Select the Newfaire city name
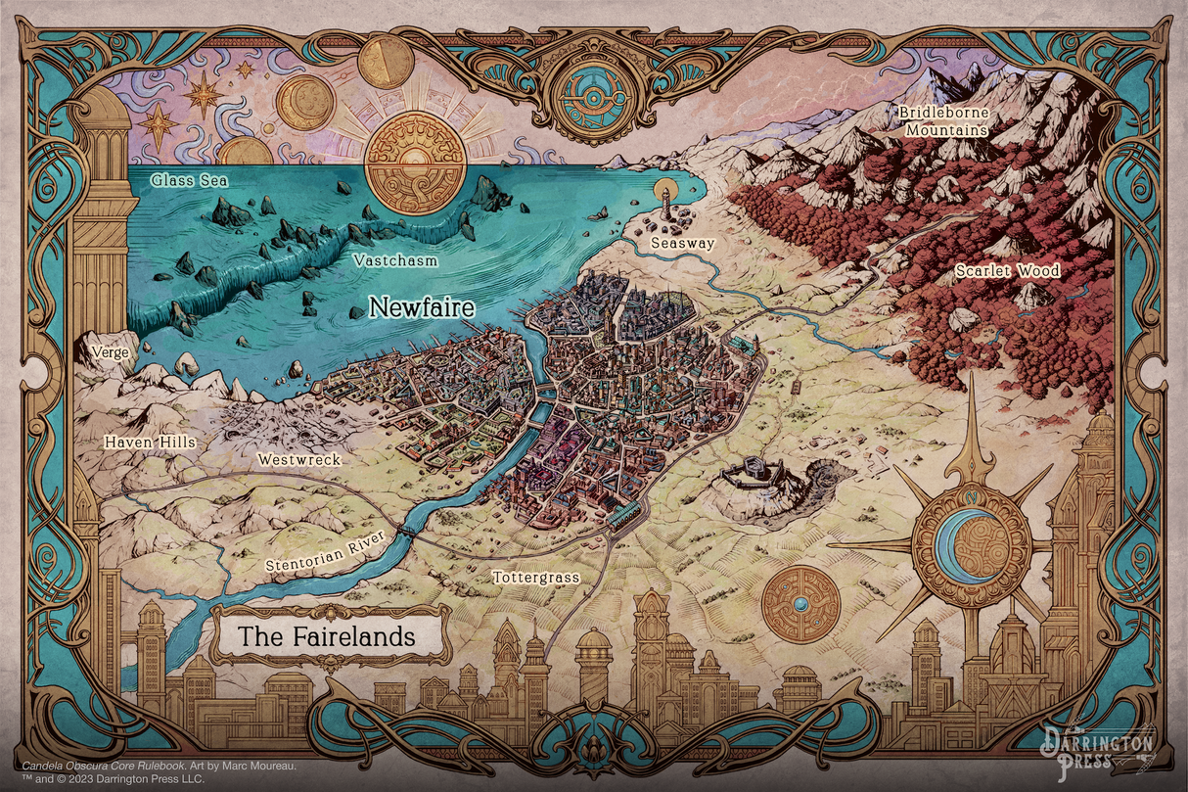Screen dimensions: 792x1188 tap(421, 307)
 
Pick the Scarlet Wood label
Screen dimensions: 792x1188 tap(1008, 271)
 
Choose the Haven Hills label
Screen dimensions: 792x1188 tap(150, 443)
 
